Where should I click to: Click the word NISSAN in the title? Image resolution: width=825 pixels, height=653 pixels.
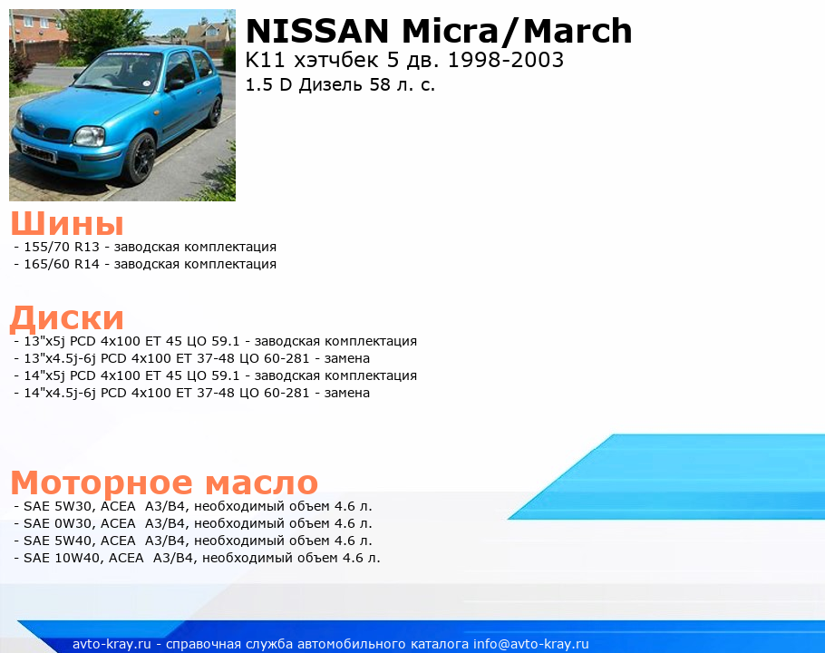click(317, 31)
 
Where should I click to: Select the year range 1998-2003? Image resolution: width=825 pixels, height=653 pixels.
click(506, 60)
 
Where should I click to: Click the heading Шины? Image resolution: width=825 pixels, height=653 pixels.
click(67, 223)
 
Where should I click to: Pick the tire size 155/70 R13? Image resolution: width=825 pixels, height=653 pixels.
click(62, 247)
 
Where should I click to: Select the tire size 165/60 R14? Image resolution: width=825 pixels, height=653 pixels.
click(62, 264)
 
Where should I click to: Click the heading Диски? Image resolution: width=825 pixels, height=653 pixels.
click(67, 318)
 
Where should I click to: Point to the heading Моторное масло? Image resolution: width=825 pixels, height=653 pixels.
click(164, 482)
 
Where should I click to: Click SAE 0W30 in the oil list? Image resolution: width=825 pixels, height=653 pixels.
click(57, 523)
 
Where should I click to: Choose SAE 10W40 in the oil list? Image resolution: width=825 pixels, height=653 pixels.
click(62, 558)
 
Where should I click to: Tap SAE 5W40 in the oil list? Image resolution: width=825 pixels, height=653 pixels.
click(57, 541)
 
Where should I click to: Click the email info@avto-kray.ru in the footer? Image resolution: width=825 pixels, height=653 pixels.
click(531, 644)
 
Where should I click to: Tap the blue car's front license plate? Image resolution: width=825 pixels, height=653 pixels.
click(38, 152)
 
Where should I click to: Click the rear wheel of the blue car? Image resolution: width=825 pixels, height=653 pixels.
click(214, 112)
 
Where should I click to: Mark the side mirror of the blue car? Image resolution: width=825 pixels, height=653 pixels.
click(175, 84)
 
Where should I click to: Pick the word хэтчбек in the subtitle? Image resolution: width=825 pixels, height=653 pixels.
click(336, 60)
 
